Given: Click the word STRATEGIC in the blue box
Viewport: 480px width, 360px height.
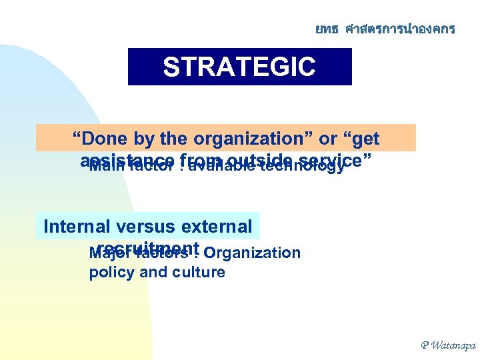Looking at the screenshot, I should tap(239, 67).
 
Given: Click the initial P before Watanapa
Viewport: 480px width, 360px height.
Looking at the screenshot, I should tap(425, 345).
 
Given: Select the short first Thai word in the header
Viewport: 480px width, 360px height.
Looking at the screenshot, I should tap(326, 29).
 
